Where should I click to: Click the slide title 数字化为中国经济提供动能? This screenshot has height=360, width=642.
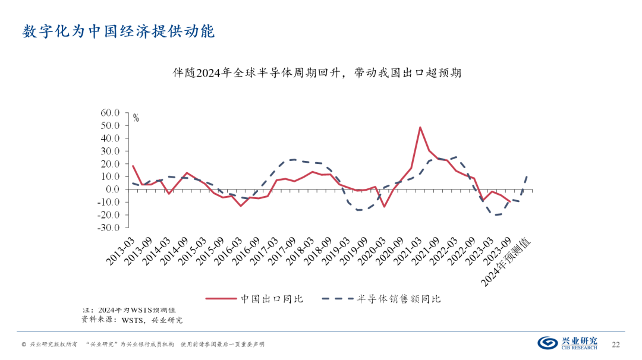(118, 31)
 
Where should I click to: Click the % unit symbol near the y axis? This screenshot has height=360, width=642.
(136, 118)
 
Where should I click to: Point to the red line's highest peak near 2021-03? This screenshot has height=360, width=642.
(420, 127)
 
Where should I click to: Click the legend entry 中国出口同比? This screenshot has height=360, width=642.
(272, 298)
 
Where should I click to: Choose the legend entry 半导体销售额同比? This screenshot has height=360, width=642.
(399, 298)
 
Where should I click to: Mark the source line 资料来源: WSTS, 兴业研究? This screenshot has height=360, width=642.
(132, 320)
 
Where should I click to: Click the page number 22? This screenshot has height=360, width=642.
(616, 344)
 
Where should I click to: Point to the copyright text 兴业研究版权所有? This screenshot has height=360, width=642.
(53, 345)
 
